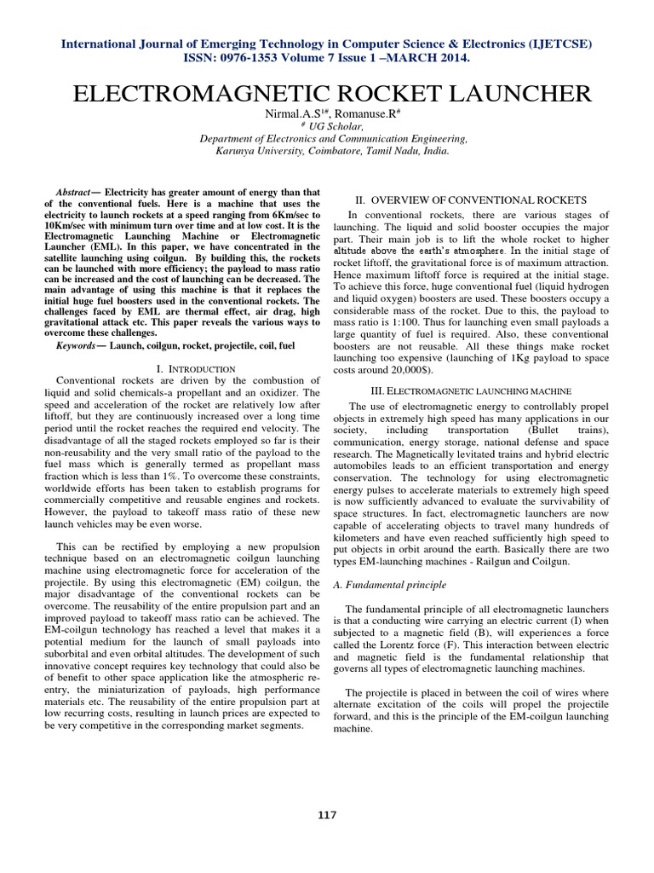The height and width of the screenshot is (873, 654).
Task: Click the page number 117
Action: pos(327,815)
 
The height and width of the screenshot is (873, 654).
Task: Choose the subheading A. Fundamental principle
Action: pos(402,585)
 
